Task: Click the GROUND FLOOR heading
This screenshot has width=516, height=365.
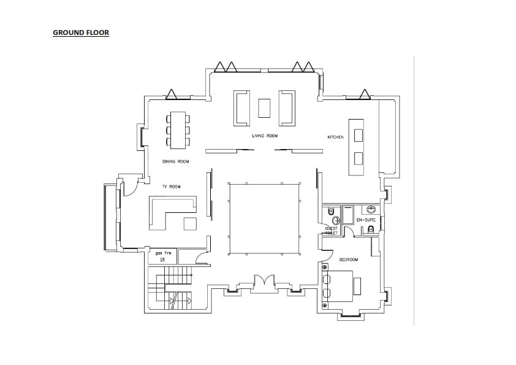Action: coord(81,33)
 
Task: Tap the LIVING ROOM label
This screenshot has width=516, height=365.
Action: coord(265,136)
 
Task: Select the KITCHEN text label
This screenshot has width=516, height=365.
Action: coord(335,137)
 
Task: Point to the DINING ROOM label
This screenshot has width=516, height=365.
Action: coord(175,162)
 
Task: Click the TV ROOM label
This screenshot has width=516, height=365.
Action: coord(171,186)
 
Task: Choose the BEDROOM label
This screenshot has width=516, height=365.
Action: coord(349,259)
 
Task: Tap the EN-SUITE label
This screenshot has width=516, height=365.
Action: coord(366,220)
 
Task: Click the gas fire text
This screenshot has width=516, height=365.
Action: coord(162,252)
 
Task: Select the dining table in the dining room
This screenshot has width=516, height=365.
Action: coord(178,129)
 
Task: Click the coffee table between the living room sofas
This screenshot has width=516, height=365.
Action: coord(265,108)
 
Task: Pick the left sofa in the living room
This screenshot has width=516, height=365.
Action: coord(242,108)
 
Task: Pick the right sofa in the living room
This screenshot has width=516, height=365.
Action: coord(287,108)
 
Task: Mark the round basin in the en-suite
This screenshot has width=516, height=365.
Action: coord(371,209)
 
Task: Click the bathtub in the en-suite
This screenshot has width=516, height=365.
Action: coord(348,215)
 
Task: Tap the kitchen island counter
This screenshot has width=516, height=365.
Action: coord(356,146)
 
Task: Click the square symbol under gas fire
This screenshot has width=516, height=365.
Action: coord(162,260)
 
